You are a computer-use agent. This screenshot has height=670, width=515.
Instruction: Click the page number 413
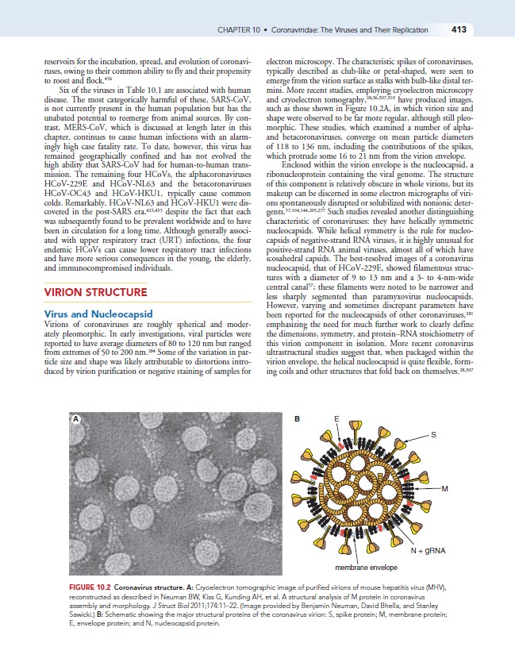coord(457,30)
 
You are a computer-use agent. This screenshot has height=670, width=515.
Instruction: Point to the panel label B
coord(296,418)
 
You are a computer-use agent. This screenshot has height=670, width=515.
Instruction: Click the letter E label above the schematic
coord(336,418)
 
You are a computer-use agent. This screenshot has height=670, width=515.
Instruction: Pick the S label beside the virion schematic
coord(432,433)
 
